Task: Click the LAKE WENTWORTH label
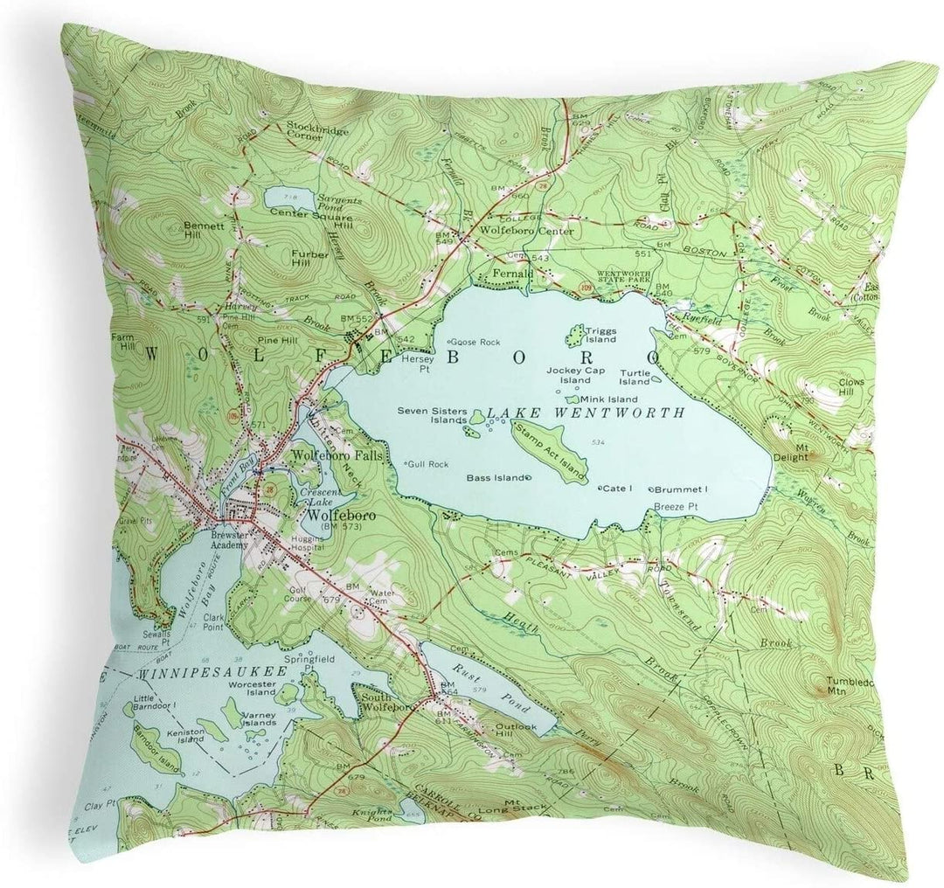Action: point(586,412)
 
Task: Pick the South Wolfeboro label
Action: point(389,701)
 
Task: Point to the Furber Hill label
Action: point(309,258)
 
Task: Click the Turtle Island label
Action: point(635,376)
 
